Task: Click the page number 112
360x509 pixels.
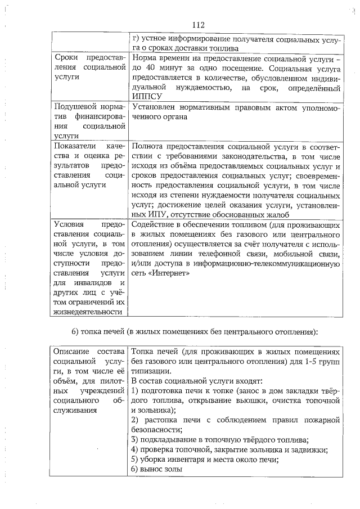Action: [x=197, y=25]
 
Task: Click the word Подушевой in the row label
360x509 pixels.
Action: [x=73, y=107]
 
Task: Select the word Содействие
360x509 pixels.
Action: [x=154, y=225]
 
